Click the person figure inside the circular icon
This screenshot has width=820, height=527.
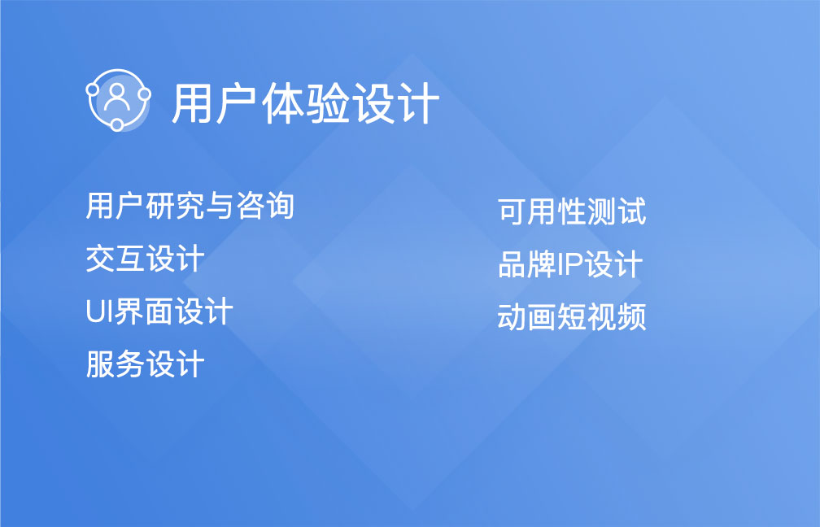coord(116,97)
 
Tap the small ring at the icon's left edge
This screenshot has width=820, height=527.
coord(92,90)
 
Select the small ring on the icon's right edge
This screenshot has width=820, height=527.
coord(144,94)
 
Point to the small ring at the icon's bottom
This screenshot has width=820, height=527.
coord(116,124)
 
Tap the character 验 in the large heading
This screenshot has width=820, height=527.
coord(327,103)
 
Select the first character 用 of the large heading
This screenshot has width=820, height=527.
coord(194,103)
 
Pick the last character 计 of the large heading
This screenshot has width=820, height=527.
coord(417,103)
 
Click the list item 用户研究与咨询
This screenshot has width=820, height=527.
coord(190,206)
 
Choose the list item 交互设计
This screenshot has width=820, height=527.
coord(145,259)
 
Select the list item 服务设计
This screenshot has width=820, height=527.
coord(145,364)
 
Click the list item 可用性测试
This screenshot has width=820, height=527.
coord(572,211)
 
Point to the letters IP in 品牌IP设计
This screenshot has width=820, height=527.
coord(570,265)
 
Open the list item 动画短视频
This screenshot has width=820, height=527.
coord(572,317)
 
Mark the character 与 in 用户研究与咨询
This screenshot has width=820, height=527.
coord(220,206)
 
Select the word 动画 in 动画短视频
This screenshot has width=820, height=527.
coord(526,317)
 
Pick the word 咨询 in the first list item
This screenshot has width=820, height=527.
coord(265,206)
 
